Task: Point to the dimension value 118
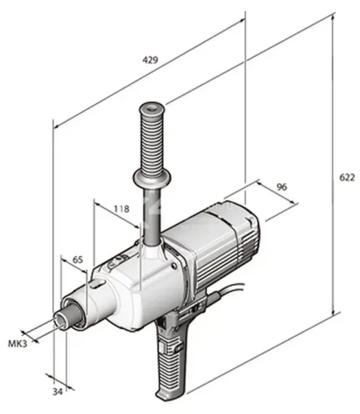coord(121,208)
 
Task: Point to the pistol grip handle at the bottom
coord(172,363)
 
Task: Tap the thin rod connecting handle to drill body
coord(150,218)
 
